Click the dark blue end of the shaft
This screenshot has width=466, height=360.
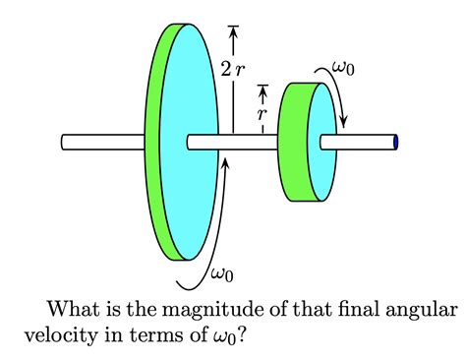pos(395,143)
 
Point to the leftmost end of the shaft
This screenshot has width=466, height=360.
pos(64,143)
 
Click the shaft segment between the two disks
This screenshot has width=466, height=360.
pos(246,143)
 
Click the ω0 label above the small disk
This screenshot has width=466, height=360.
pos(345,68)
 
